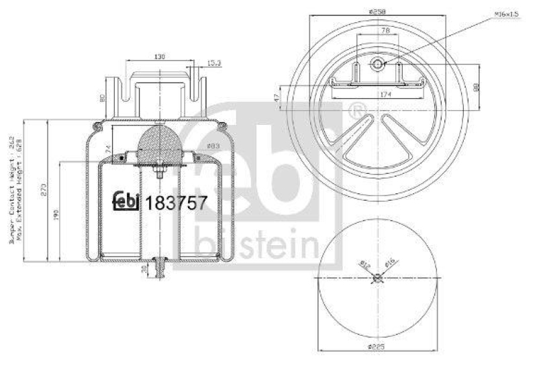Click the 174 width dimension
click(385, 95)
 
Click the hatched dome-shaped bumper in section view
click(158, 145)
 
